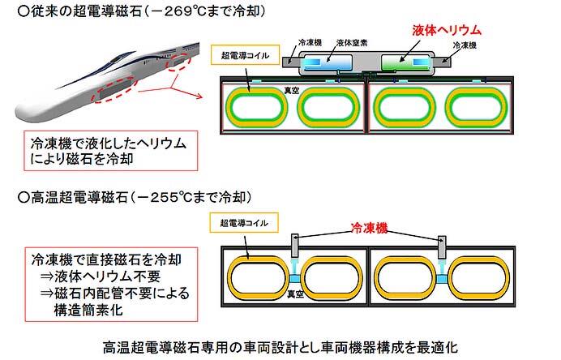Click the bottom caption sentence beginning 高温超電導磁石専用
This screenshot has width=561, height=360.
click(280, 346)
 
